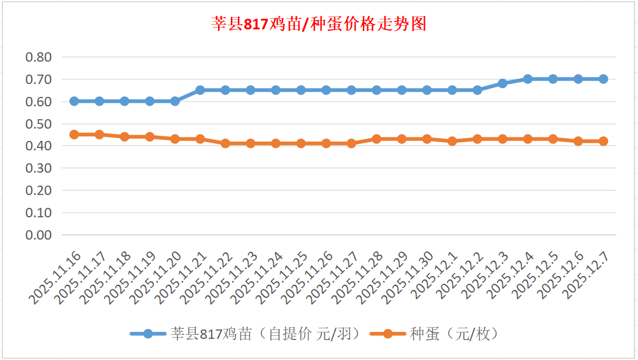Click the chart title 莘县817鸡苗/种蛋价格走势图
point(319,24)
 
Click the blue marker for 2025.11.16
point(74,101)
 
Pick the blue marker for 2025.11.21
point(200,90)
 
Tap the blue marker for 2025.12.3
point(502,83)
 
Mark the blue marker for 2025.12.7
point(603,79)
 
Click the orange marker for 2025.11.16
point(74,134)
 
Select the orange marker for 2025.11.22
point(226,143)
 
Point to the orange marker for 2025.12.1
point(452,141)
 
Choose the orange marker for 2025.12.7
point(603,141)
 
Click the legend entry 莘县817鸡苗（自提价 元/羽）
point(244,334)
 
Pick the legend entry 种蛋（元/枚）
point(435,334)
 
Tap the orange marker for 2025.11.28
point(377,139)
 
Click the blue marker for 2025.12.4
point(528,79)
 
